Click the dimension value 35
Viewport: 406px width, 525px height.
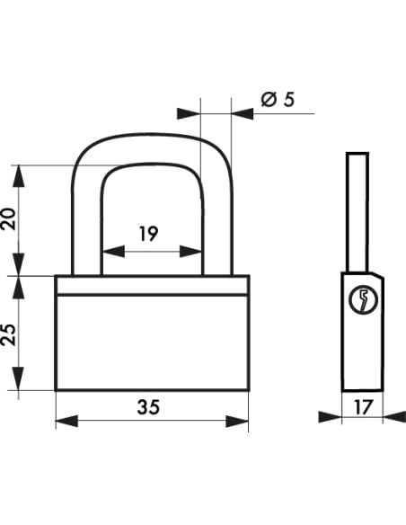[148, 407]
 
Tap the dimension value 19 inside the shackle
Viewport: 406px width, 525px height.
[148, 234]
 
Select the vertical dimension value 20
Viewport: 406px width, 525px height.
[8, 219]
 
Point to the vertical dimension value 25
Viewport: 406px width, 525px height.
[8, 334]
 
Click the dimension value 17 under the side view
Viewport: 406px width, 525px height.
[363, 407]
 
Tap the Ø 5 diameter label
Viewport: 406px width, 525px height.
[278, 100]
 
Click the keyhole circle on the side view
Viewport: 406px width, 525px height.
[364, 299]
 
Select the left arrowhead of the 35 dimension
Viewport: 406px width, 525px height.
[66, 421]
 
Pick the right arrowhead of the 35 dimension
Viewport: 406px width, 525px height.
[237, 421]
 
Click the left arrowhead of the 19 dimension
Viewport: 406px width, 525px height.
[113, 251]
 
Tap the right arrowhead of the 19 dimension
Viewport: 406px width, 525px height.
[190, 251]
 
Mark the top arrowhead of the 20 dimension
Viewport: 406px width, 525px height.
[18, 176]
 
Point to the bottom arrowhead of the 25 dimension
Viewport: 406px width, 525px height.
[18, 378]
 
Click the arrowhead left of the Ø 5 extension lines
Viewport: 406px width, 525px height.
[189, 114]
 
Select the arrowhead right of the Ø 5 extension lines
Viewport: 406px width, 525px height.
[243, 114]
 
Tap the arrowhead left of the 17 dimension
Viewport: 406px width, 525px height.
[330, 417]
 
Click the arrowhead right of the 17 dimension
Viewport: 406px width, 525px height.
[394, 417]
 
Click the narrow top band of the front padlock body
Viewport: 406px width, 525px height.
[152, 285]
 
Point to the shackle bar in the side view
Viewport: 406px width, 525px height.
[357, 212]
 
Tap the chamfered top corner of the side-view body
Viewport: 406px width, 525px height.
[378, 274]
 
